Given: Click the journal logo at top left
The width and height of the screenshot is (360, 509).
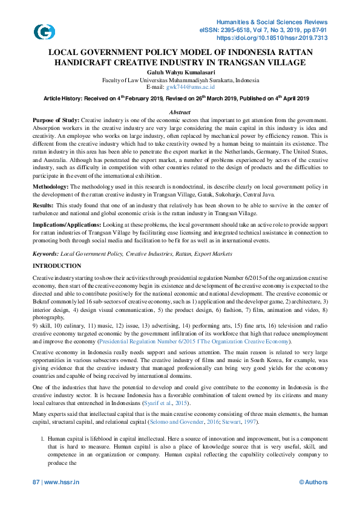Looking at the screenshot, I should (x=43, y=32).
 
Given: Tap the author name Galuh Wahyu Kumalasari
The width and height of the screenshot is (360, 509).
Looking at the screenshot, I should (x=180, y=72).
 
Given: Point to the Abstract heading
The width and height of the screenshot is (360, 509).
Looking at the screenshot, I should (x=180, y=113).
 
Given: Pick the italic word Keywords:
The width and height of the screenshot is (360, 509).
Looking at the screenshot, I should (x=46, y=254).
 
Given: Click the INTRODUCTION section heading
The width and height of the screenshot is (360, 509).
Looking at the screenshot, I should (x=56, y=266).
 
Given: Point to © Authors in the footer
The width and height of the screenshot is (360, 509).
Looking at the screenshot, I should (x=313, y=482).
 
